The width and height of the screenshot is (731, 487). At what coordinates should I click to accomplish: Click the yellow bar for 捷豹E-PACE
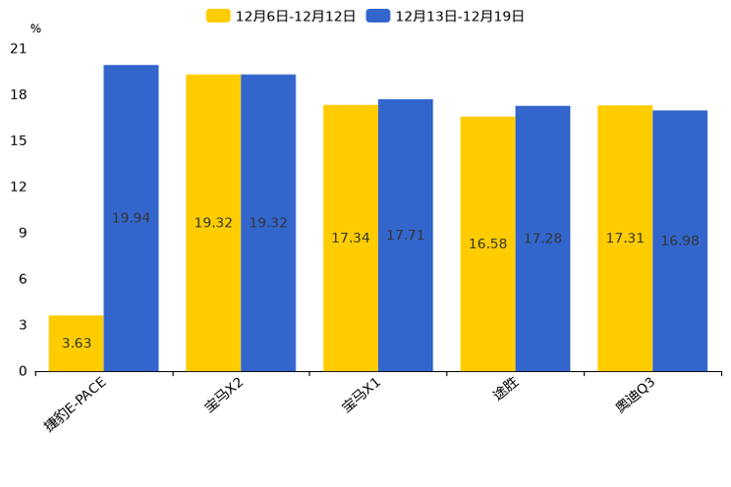coord(76,343)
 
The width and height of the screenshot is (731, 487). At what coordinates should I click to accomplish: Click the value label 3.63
coord(77,344)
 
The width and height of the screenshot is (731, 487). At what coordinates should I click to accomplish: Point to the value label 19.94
coord(131,218)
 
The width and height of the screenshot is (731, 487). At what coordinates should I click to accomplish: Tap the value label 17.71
coord(405,236)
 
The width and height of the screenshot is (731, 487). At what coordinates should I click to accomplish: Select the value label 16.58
coord(487,243)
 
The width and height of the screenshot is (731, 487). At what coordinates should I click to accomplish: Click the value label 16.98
coord(680,241)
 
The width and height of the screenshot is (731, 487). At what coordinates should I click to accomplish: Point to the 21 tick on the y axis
coord(19,48)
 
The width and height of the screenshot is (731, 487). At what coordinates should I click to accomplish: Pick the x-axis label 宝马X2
coord(225,396)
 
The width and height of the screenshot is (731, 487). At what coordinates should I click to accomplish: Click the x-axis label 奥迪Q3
coord(636,396)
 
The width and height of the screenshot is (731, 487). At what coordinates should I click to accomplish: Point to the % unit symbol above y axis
coord(35,29)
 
